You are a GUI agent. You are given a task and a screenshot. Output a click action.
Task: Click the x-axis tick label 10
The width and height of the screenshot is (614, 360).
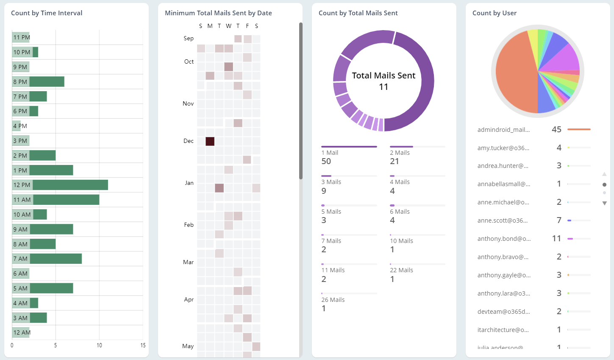(99, 346)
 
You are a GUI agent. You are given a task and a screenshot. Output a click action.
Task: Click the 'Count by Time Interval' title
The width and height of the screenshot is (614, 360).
(47, 13)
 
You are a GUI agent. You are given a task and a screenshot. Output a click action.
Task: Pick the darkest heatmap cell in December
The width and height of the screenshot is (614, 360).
(210, 141)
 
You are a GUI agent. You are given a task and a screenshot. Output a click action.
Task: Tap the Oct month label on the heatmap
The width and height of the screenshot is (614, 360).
(189, 62)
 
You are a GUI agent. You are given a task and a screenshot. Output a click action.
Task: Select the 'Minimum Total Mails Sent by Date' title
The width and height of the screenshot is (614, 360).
(218, 13)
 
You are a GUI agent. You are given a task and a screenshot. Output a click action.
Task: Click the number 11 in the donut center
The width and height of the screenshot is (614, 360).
(383, 87)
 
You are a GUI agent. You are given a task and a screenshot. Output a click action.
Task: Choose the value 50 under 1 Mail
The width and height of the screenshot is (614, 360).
(326, 162)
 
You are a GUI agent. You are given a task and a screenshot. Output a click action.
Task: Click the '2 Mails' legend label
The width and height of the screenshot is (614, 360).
(400, 153)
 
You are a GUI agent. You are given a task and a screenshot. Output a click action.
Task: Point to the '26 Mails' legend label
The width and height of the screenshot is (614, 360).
(333, 300)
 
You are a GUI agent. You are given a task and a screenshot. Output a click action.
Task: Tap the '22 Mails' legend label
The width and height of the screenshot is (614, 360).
(401, 270)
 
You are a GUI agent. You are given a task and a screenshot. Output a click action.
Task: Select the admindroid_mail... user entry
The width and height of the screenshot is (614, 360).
(503, 130)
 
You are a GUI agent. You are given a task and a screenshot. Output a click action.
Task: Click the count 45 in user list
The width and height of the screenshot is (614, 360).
(556, 130)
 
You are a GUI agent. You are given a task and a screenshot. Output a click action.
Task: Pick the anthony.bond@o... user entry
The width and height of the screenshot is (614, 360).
(504, 239)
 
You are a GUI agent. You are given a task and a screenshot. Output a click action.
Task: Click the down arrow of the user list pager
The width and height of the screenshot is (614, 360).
(605, 204)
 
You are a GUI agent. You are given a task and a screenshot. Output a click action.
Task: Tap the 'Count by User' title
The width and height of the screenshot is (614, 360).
(495, 13)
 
